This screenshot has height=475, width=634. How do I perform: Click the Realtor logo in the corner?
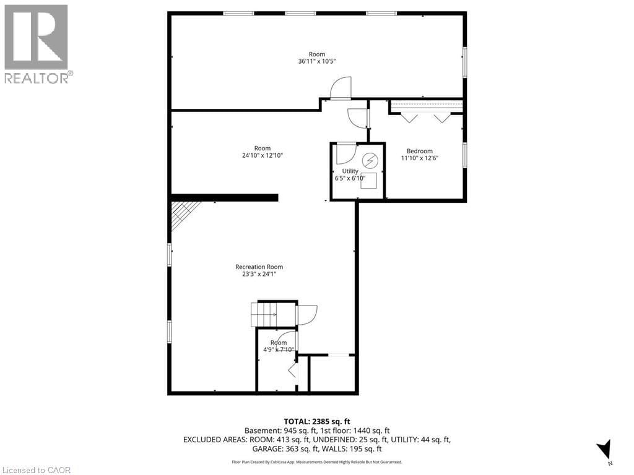[x=37, y=43]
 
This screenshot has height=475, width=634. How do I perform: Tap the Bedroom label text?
[x=419, y=151]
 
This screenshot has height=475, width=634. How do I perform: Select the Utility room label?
[x=350, y=171]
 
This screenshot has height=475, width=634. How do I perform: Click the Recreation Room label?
[x=259, y=267]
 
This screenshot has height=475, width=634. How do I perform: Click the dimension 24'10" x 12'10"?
[x=262, y=156]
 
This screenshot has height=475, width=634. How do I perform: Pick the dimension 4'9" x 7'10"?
[x=278, y=349]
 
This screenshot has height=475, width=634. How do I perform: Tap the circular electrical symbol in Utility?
[x=369, y=160]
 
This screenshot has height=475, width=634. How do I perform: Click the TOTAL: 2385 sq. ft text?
[x=316, y=421]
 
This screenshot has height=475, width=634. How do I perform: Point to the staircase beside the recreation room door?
[x=264, y=314]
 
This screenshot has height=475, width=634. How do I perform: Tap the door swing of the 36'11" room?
[x=341, y=88]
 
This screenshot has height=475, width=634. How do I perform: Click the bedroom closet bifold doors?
[x=425, y=117]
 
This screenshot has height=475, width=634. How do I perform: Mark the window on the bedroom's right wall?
[x=464, y=154]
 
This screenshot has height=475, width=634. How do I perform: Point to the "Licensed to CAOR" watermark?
[x=37, y=469]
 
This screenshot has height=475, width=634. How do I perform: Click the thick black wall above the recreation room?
[x=224, y=197]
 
